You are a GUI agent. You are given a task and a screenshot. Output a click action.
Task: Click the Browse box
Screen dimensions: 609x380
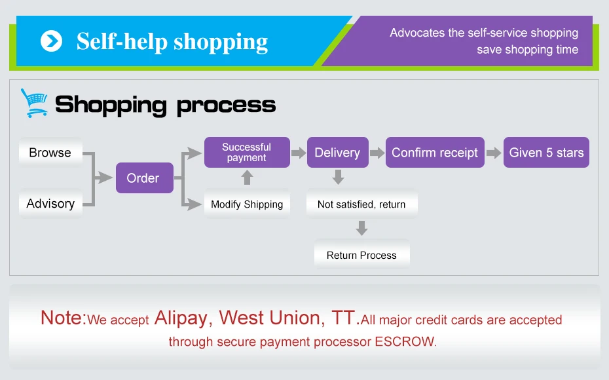pyautogui.click(x=50, y=152)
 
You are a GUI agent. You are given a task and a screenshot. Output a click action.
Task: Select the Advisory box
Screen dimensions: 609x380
pyautogui.click(x=50, y=203)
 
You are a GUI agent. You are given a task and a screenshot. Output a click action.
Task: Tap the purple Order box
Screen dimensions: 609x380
pyautogui.click(x=145, y=178)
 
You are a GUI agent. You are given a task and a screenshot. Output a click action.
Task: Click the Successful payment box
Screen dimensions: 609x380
pyautogui.click(x=247, y=152)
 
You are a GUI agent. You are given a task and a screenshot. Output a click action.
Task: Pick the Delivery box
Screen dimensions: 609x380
pyautogui.click(x=337, y=152)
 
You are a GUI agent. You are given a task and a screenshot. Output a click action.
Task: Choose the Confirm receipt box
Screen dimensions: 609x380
pyautogui.click(x=435, y=152)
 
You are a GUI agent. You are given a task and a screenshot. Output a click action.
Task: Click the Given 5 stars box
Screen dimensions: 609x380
pyautogui.click(x=547, y=152)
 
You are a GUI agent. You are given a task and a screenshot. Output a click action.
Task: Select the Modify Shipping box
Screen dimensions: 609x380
pyautogui.click(x=247, y=204)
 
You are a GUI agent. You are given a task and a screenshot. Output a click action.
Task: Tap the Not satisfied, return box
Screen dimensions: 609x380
pyautogui.click(x=361, y=204)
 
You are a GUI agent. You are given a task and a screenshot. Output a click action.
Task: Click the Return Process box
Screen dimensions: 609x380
pyautogui.click(x=361, y=255)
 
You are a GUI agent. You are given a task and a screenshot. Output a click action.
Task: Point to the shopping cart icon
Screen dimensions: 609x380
pyautogui.click(x=34, y=103)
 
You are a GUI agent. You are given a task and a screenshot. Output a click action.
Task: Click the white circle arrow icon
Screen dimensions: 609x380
pyautogui.click(x=51, y=41)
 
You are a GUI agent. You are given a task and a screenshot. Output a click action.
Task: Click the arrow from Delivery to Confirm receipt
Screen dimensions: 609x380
pyautogui.click(x=377, y=153)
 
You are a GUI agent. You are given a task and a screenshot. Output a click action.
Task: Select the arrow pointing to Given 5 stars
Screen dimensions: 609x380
pyautogui.click(x=494, y=153)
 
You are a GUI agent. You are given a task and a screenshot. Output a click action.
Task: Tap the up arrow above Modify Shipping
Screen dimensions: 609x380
pyautogui.click(x=247, y=178)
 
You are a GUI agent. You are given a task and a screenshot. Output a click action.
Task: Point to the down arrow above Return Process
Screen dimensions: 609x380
pyautogui.click(x=361, y=228)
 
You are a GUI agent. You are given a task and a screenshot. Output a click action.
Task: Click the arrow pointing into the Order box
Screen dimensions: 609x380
pyautogui.click(x=103, y=178)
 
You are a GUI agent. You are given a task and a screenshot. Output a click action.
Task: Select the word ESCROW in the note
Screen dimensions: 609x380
pyautogui.click(x=405, y=341)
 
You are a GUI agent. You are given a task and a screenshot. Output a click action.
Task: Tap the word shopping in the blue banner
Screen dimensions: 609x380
pyautogui.click(x=221, y=42)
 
